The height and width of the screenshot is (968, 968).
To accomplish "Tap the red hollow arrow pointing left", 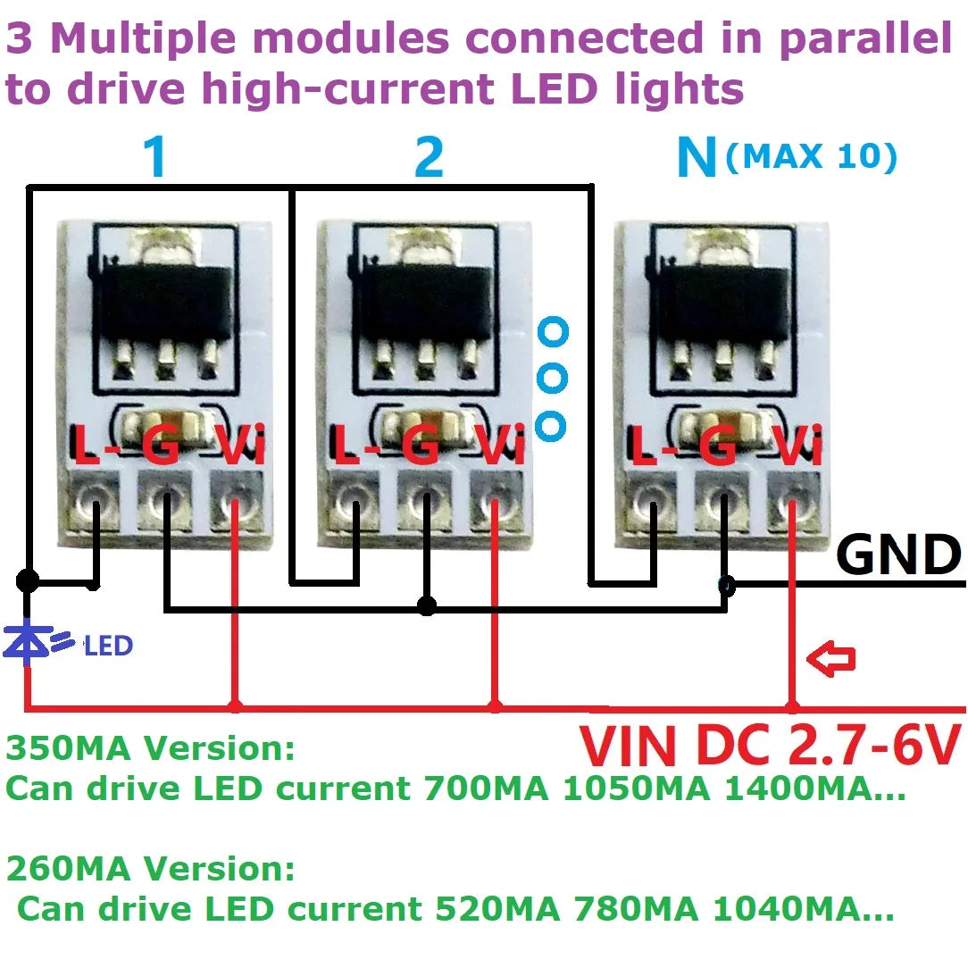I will (x=830, y=659).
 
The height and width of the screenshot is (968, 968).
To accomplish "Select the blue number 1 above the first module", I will (x=154, y=158).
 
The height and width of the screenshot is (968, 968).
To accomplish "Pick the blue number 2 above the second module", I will (x=429, y=158).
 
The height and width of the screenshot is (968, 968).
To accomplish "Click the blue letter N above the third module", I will (x=697, y=158).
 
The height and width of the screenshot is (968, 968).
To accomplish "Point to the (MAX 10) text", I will (x=810, y=157).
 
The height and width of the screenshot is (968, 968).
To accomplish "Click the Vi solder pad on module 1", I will (x=235, y=506).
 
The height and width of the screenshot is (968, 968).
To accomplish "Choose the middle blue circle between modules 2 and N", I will (x=552, y=378).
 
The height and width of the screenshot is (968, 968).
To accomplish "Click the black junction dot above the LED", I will (x=28, y=581).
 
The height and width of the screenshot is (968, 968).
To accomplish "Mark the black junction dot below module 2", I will (x=427, y=607).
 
